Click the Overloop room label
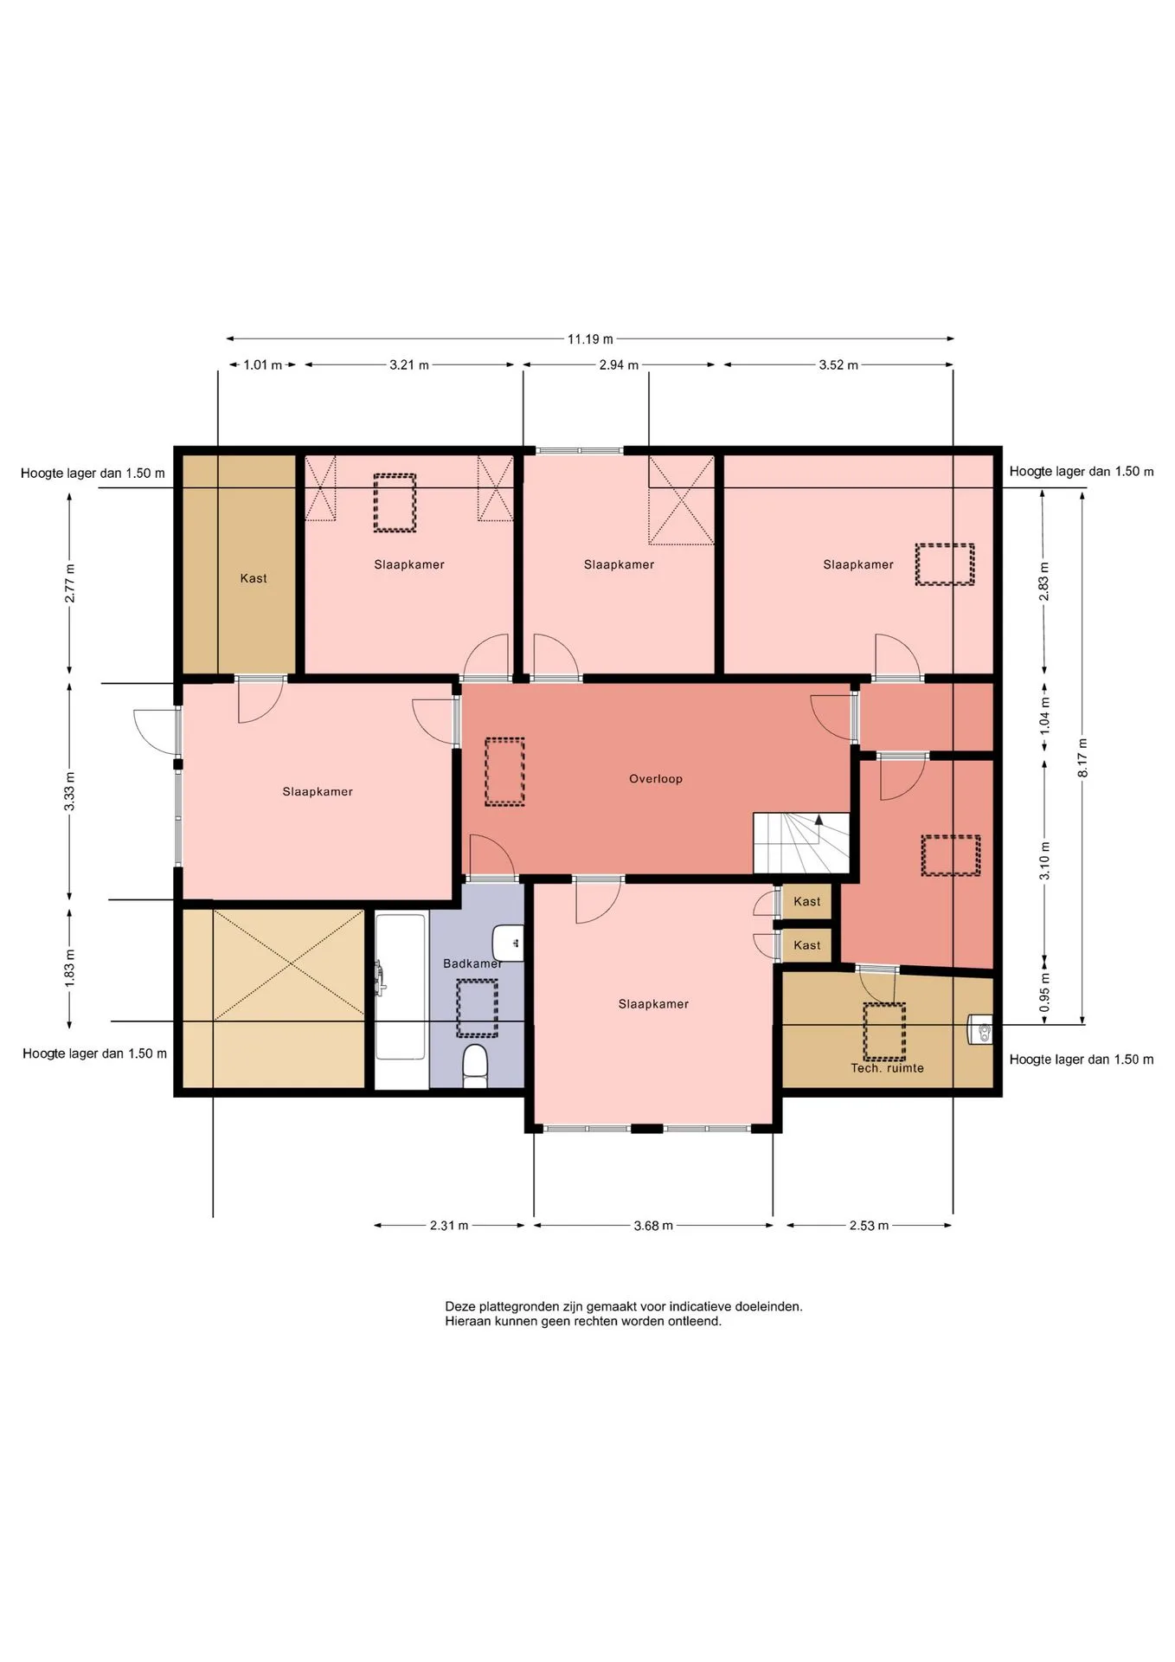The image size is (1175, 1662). (x=656, y=779)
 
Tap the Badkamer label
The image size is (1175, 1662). (x=472, y=963)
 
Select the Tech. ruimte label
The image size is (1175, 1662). (x=887, y=1068)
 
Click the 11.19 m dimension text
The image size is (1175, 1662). (x=590, y=339)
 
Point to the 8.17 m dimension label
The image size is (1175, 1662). (x=1082, y=757)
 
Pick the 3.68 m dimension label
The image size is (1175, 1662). (x=653, y=1226)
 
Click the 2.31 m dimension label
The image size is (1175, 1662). (x=449, y=1226)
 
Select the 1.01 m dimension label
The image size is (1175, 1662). (x=263, y=365)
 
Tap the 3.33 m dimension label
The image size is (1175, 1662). (x=70, y=792)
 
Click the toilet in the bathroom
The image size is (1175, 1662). (x=475, y=1066)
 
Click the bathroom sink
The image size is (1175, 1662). (x=509, y=943)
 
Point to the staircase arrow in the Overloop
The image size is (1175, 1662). (x=819, y=820)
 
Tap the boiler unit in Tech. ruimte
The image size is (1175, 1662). (x=980, y=1030)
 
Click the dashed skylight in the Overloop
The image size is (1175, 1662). (x=504, y=771)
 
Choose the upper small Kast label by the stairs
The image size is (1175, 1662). (x=807, y=902)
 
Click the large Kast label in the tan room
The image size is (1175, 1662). (x=254, y=578)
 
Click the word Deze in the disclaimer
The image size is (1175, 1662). (x=459, y=1306)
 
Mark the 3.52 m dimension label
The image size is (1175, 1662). (x=838, y=365)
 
